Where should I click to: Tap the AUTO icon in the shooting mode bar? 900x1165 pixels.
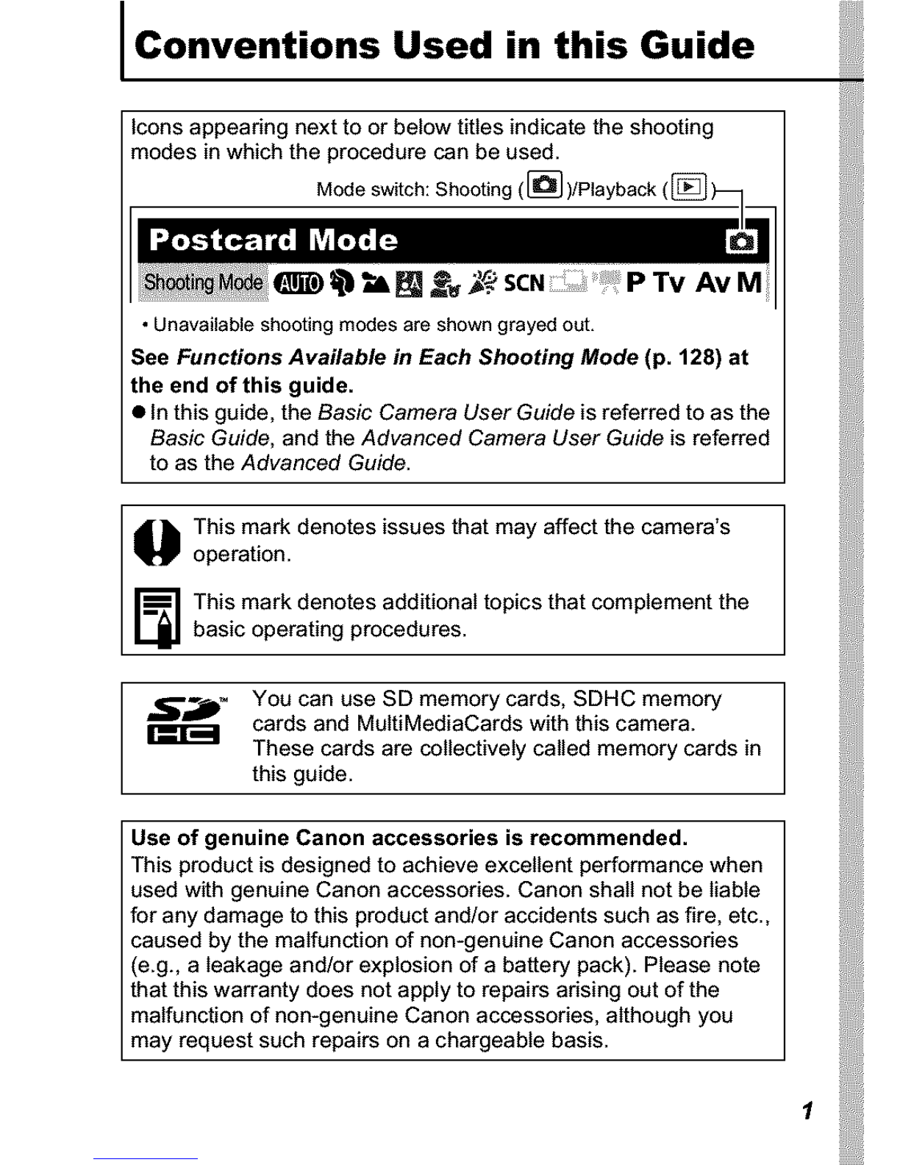298,283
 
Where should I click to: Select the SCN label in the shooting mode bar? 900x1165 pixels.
524,283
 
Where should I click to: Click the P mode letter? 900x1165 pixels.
637,282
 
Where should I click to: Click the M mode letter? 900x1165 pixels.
749,282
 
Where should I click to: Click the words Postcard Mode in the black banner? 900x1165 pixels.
274,241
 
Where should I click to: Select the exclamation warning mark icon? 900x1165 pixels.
157,542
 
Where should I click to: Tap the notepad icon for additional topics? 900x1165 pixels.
157,617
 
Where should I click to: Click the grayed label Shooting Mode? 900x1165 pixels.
203,282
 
